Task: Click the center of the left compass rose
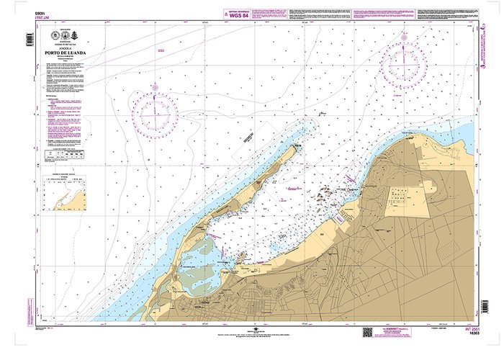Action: click(x=155, y=114)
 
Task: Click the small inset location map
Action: click(x=63, y=193)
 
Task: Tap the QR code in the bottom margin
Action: click(x=368, y=332)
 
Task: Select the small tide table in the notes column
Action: click(x=60, y=154)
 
